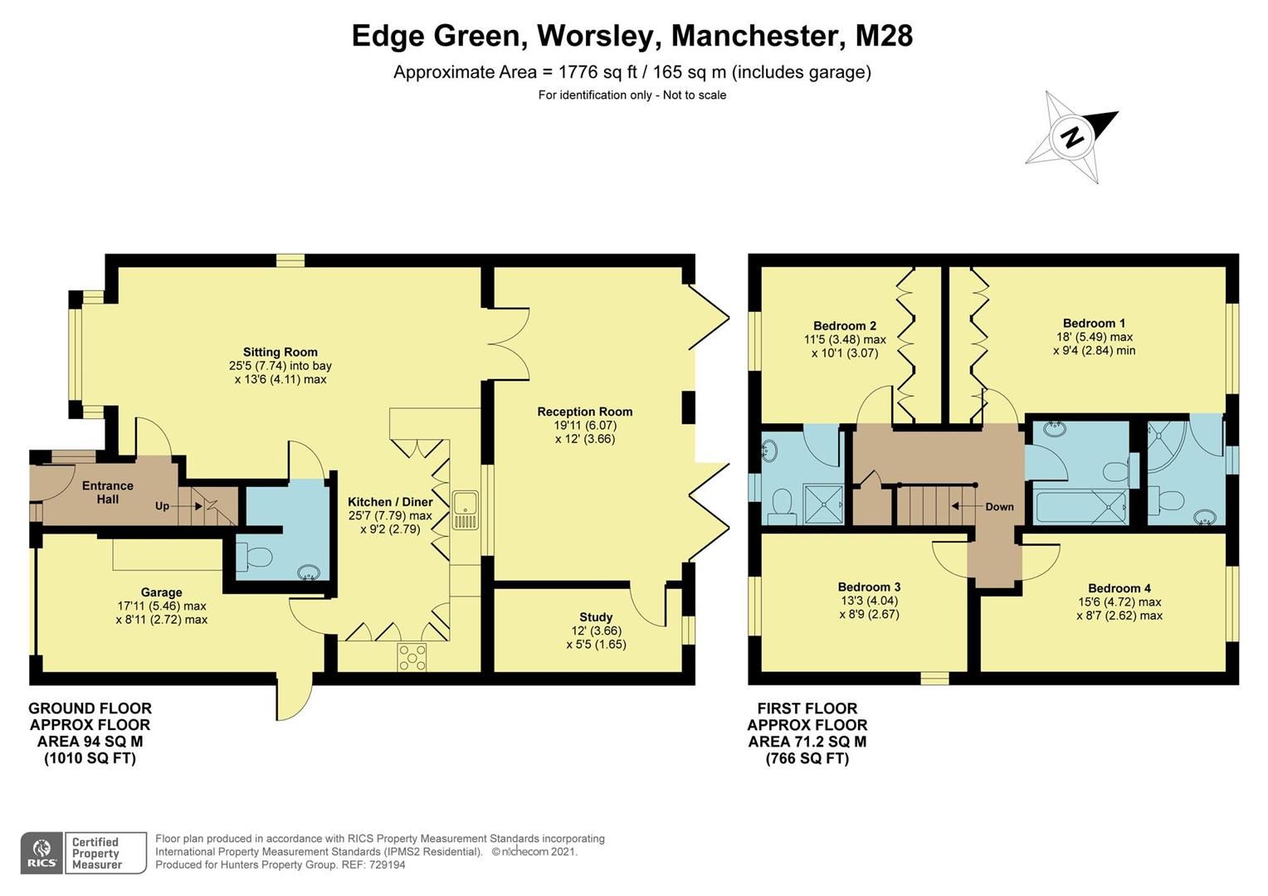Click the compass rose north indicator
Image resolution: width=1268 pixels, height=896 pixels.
point(1072,137)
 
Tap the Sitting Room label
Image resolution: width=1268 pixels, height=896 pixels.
point(280,352)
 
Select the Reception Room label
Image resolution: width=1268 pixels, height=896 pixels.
point(584,411)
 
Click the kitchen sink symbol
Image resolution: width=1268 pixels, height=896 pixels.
point(465,510)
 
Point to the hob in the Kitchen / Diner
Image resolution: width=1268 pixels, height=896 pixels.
point(412,657)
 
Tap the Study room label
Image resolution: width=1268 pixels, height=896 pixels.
point(595,617)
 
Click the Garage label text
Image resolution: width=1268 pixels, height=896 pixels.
point(161,592)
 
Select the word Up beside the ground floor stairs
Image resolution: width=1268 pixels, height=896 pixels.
point(162,506)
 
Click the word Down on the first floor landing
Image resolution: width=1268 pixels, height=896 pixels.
point(999,507)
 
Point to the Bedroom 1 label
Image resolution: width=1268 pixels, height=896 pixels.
point(1094,324)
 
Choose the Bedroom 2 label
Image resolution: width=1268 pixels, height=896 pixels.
point(844,326)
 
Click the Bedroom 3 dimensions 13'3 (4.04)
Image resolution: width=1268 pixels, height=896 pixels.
point(869,601)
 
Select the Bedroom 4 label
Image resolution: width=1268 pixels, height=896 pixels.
point(1119,588)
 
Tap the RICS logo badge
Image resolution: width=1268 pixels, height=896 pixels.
point(41,853)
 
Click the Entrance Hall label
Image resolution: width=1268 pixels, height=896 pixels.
point(107,492)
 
